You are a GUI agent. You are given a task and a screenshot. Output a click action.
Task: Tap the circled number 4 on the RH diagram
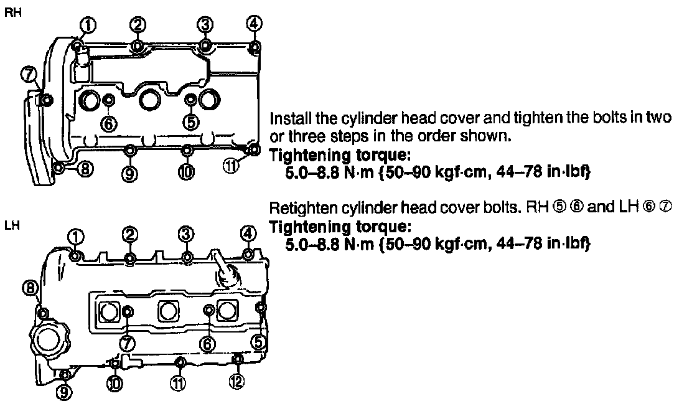[253, 24]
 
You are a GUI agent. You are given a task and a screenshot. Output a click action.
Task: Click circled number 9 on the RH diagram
[130, 174]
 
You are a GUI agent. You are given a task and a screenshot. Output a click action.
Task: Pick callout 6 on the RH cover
[110, 123]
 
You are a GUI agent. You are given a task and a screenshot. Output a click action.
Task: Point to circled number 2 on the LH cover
[129, 234]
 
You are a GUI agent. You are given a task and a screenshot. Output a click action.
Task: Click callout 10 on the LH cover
[115, 383]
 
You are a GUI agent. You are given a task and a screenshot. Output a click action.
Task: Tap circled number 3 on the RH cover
[204, 24]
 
